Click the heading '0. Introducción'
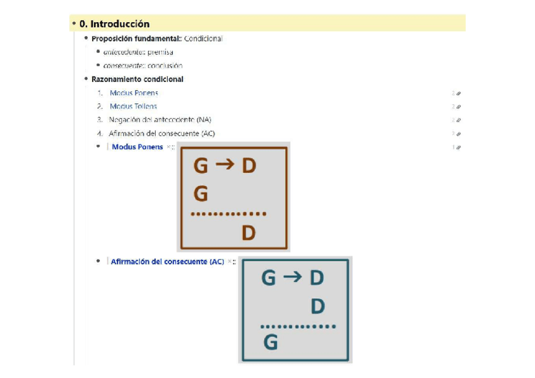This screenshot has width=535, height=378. tap(114, 24)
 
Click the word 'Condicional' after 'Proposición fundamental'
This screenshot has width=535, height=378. tap(203, 38)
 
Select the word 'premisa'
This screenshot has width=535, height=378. tap(160, 52)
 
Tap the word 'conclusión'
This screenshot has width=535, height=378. tap(165, 66)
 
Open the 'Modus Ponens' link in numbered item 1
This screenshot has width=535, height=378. tap(134, 93)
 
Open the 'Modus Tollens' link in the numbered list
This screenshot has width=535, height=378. tap(133, 107)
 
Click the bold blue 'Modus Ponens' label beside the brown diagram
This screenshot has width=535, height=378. tap(137, 147)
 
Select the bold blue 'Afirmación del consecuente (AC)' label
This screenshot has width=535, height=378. tap(167, 262)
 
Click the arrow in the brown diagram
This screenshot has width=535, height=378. tap(224, 165)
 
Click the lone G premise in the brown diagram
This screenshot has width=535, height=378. tap(201, 194)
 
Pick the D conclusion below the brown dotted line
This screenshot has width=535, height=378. tap(249, 233)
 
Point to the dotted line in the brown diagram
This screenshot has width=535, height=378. tap(228, 214)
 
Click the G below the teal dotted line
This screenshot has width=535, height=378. tap(270, 343)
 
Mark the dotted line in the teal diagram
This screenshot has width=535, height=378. tap(298, 326)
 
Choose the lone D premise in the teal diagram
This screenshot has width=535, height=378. tap(317, 307)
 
